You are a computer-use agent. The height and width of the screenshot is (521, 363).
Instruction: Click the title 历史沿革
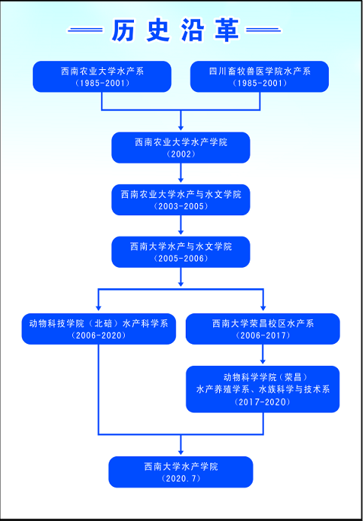pyautogui.click(x=175, y=30)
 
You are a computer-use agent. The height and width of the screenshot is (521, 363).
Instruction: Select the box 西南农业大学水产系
pyautogui.click(x=102, y=76)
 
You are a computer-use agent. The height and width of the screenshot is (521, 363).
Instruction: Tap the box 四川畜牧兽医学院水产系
pyautogui.click(x=260, y=76)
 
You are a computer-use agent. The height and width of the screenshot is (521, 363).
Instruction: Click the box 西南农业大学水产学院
pyautogui.click(x=181, y=148)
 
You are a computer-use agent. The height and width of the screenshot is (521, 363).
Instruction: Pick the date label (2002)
pyautogui.click(x=181, y=154)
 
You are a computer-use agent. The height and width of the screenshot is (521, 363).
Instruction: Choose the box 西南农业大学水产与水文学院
pyautogui.click(x=181, y=200)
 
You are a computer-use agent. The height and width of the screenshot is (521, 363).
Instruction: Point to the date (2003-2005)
pyautogui.click(x=181, y=206)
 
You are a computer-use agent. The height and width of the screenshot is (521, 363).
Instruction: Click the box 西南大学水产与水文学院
pyautogui.click(x=181, y=252)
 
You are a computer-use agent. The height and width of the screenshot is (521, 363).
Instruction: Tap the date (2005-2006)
pyautogui.click(x=181, y=258)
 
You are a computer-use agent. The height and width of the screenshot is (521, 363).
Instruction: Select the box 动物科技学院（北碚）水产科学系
pyautogui.click(x=99, y=329)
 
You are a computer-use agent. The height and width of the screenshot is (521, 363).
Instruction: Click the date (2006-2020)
pyautogui.click(x=99, y=335)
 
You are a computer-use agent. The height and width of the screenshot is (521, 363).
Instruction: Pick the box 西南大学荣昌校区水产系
pyautogui.click(x=263, y=329)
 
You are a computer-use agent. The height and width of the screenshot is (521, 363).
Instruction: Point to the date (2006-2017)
pyautogui.click(x=263, y=335)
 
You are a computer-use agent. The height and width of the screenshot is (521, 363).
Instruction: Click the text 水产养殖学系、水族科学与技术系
pyautogui.click(x=263, y=389)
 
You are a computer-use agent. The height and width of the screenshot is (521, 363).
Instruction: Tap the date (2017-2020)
pyautogui.click(x=263, y=402)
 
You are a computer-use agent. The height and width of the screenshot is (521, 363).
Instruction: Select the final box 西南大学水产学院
pyautogui.click(x=181, y=472)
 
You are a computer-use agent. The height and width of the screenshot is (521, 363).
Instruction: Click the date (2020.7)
pyautogui.click(x=181, y=478)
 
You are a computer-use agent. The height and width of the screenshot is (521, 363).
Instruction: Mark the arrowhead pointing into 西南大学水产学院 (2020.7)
pyautogui.click(x=181, y=452)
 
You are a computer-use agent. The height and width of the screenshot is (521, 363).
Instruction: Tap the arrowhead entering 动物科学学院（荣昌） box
pyautogui.click(x=263, y=361)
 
